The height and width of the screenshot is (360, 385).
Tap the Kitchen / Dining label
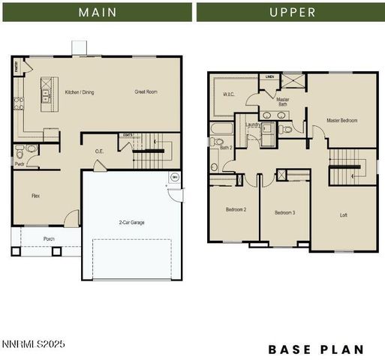click(x=80, y=92)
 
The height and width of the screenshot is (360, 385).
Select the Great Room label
click(x=146, y=92)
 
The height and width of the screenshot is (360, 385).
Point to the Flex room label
click(x=35, y=196)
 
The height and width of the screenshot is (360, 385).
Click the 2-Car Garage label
click(x=131, y=223)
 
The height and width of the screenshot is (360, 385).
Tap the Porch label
click(x=49, y=239)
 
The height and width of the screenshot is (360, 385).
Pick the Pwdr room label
click(x=20, y=163)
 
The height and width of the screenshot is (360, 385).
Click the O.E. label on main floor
click(x=99, y=151)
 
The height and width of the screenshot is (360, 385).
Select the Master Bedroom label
click(x=341, y=120)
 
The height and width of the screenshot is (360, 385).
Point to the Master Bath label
click(x=282, y=102)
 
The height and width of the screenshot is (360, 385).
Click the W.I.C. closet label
click(x=229, y=95)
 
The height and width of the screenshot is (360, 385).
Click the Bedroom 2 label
click(x=236, y=210)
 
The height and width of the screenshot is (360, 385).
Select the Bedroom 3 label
click(x=284, y=213)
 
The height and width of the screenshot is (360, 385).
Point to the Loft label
click(x=344, y=215)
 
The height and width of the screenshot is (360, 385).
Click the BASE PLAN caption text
click(x=316, y=349)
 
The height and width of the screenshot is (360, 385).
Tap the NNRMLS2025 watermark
click(x=34, y=344)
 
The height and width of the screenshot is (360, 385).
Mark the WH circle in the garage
click(x=174, y=178)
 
